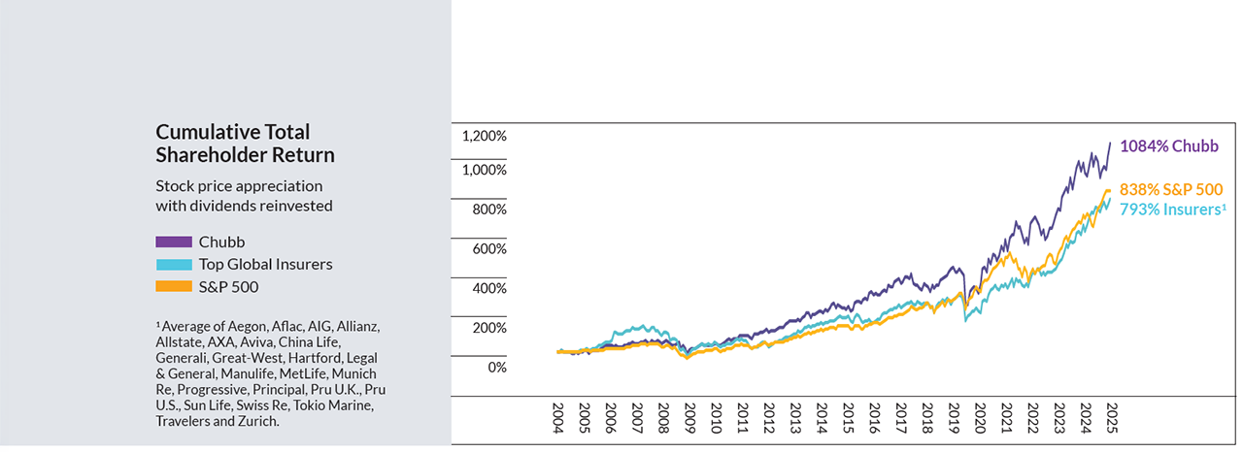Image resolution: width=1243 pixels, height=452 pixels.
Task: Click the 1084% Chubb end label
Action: tap(1168, 146)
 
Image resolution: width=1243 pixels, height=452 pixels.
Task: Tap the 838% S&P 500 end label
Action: tap(1170, 189)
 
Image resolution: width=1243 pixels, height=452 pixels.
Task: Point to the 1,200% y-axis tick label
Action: tap(484, 136)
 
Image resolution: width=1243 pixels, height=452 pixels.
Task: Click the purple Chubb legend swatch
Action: tap(173, 241)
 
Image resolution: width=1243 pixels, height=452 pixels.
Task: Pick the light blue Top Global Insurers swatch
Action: tap(173, 264)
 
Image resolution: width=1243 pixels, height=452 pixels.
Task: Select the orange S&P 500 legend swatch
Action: tap(173, 286)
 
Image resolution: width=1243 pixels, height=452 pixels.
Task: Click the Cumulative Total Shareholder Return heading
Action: tap(245, 144)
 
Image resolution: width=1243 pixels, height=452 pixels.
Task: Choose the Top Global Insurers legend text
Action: tap(265, 264)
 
